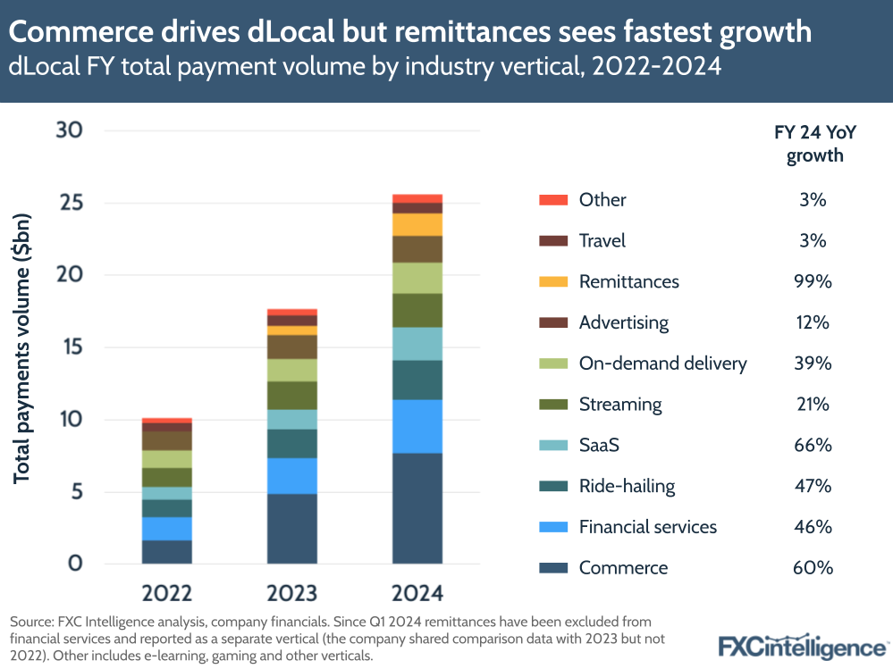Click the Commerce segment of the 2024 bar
(x=417, y=508)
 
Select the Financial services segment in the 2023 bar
(x=292, y=476)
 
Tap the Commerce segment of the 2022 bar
(x=167, y=552)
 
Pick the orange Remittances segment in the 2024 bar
(x=417, y=224)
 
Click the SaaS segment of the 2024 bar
(x=417, y=344)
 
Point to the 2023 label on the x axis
(x=292, y=594)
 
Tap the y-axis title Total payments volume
(x=22, y=348)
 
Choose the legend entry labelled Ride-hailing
(x=627, y=486)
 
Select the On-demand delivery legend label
(x=662, y=364)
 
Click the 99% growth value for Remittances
(x=814, y=281)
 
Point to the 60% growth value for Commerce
(x=814, y=568)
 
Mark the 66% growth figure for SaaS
(x=814, y=445)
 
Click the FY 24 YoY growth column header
(x=814, y=143)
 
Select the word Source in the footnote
(x=32, y=621)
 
